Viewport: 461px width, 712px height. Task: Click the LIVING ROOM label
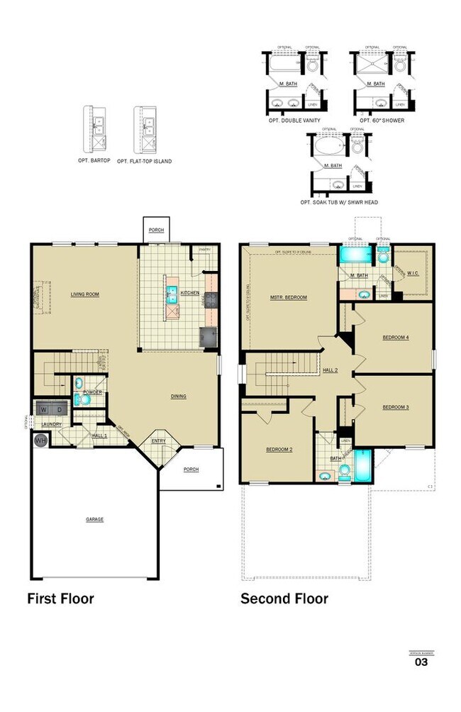[x=84, y=294]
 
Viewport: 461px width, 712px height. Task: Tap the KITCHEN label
[x=189, y=293]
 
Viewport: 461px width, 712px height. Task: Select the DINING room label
[x=179, y=396]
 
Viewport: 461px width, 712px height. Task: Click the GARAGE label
[x=95, y=519]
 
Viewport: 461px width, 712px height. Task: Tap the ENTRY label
[x=159, y=440]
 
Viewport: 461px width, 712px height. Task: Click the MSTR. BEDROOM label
[x=288, y=297]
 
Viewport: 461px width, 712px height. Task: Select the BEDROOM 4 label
[x=395, y=338]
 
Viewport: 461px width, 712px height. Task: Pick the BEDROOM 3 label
[x=395, y=407]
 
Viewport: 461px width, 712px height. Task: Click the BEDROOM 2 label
[x=279, y=450]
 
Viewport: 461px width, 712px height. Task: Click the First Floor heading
[x=60, y=599]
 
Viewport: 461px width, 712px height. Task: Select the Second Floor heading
[x=284, y=599]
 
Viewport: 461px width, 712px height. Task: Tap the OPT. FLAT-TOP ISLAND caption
[x=145, y=161]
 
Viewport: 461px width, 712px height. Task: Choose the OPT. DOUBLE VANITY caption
[x=296, y=121]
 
